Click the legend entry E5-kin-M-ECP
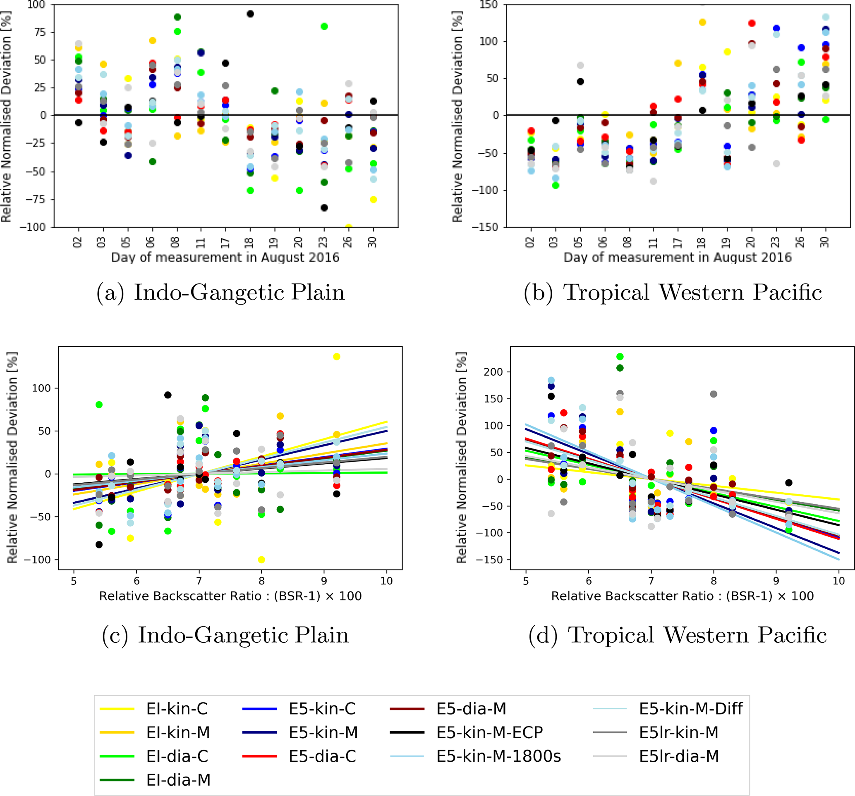point(489,732)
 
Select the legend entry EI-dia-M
point(178,779)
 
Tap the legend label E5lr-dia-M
point(679,756)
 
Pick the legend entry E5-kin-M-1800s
point(498,756)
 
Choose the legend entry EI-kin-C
point(177,709)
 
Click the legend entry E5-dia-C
point(322,756)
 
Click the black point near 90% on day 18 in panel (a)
point(250,14)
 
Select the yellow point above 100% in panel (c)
point(337,357)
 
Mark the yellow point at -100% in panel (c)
point(261,560)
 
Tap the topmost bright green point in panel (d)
point(620,357)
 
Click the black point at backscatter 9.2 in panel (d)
point(789,483)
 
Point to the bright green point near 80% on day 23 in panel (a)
point(324,26)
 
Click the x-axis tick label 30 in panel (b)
point(824,242)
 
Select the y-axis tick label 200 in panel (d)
point(493,372)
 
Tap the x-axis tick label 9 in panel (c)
point(324,581)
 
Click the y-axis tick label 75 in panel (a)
point(40,32)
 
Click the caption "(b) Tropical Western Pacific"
point(673,293)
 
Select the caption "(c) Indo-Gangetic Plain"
point(225,635)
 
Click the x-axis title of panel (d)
point(683,596)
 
